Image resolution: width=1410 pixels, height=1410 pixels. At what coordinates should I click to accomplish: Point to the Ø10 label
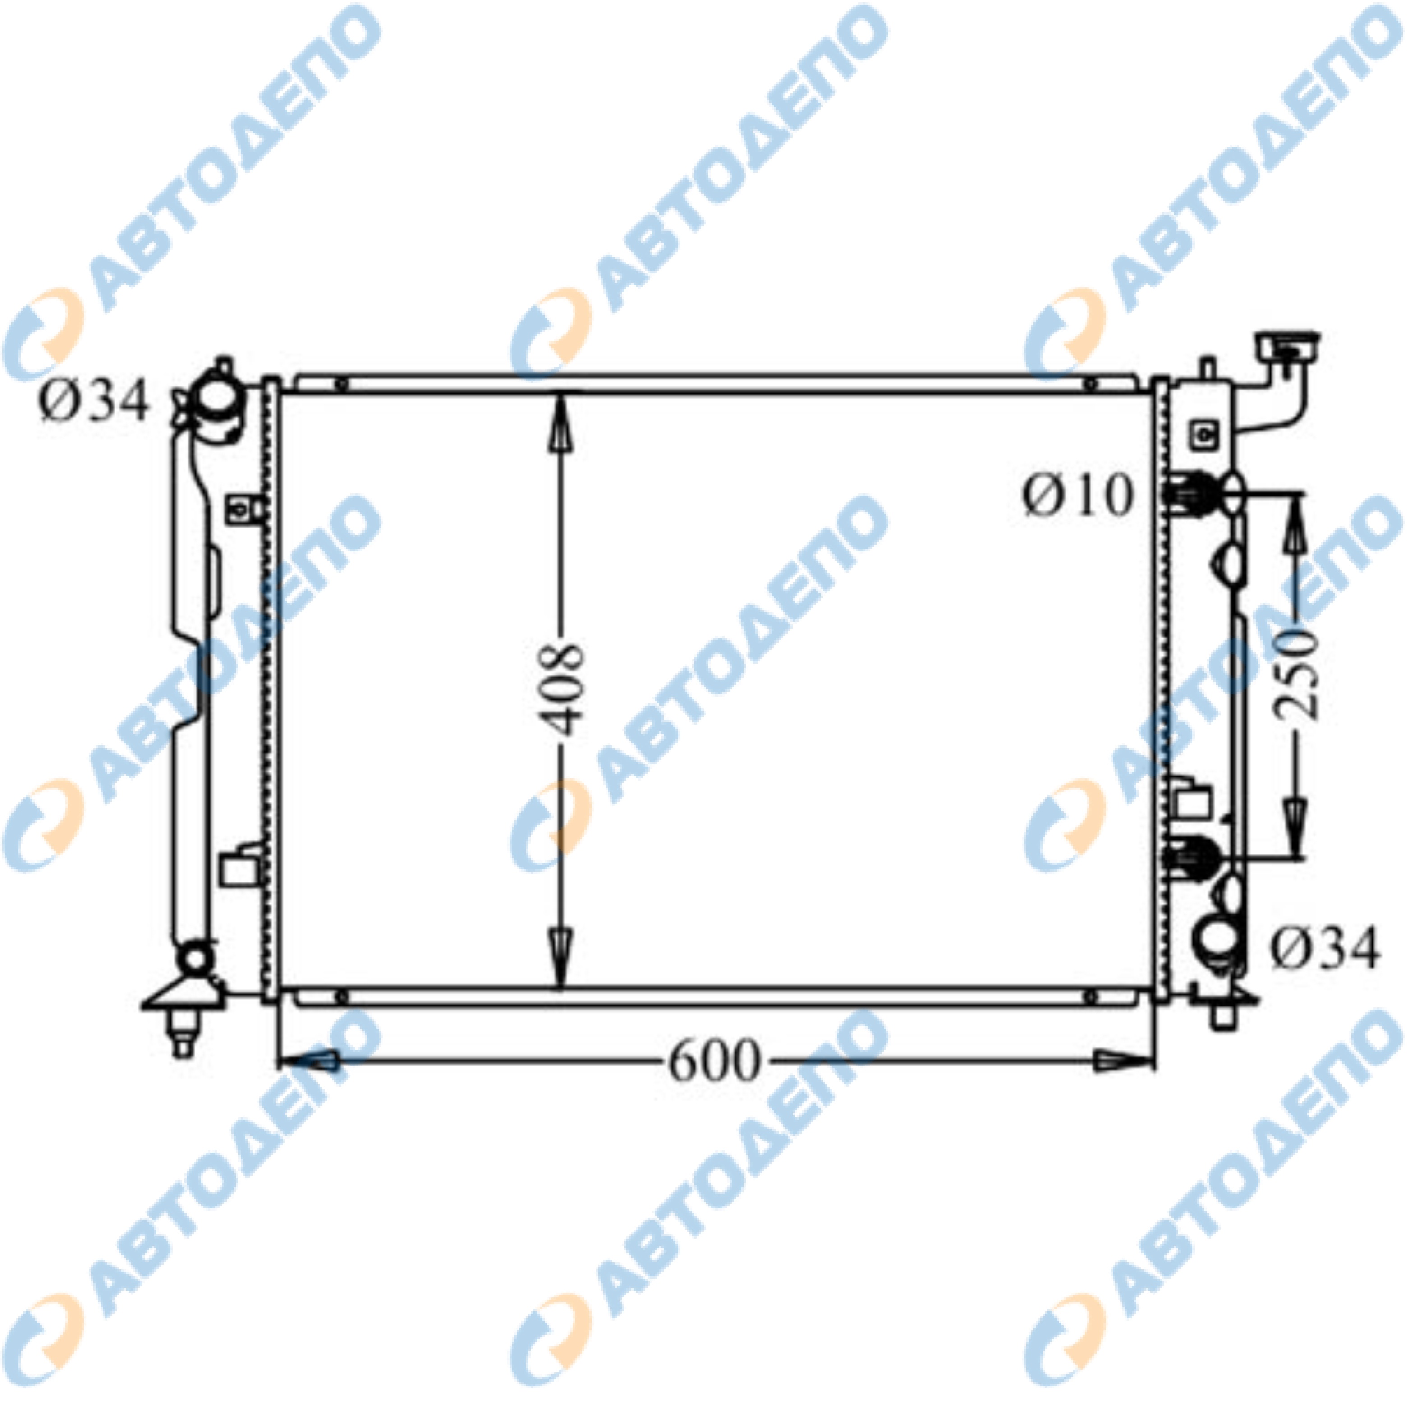1078,495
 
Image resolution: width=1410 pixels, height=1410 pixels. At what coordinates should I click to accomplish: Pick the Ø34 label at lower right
1325,950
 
